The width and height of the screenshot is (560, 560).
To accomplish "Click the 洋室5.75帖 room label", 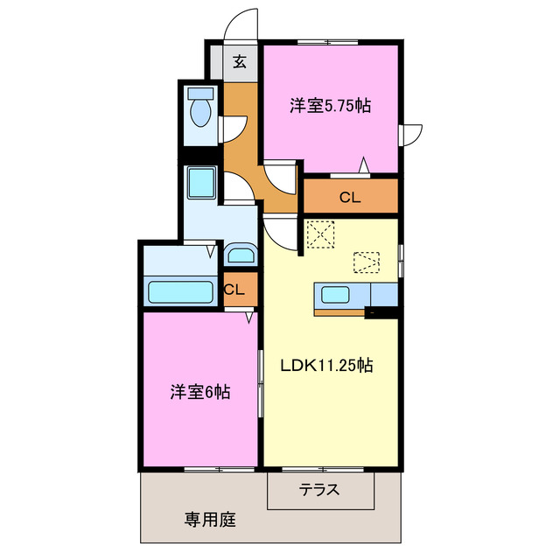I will tap(331, 106).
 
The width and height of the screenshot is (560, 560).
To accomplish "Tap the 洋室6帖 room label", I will tap(200, 393).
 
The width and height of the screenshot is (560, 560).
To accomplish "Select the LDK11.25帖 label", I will tap(326, 366).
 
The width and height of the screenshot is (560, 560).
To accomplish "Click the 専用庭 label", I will tap(210, 520).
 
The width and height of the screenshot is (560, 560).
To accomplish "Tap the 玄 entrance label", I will tap(239, 62).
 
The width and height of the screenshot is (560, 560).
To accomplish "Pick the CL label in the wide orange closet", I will tap(350, 198).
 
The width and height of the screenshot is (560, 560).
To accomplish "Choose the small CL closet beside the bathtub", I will tap(234, 290).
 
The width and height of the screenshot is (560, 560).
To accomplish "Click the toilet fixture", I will tap(202, 111).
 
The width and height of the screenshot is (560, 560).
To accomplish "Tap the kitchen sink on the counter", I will tap(336, 293).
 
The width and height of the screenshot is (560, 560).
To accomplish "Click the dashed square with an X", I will tap(321, 234).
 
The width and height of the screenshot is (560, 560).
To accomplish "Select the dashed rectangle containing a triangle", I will tap(367, 262).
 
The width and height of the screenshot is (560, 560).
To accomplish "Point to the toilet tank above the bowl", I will tap(202, 93).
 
